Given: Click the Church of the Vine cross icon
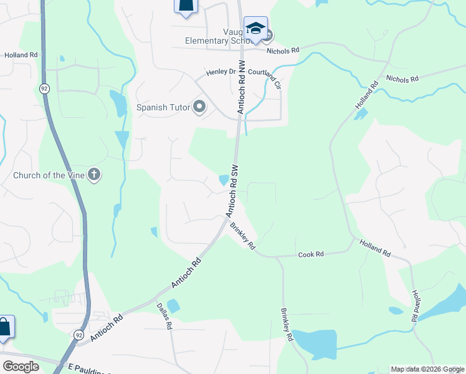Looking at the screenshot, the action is (93, 175).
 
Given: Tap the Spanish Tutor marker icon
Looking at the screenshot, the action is (199, 107).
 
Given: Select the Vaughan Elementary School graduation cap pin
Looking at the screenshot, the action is (255, 29).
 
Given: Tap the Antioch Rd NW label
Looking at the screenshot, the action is (242, 88).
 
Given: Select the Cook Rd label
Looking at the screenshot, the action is (311, 254).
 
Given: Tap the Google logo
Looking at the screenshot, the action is (21, 366).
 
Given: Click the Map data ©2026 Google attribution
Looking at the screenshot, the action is (427, 369).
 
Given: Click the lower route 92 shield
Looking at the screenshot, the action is (78, 335).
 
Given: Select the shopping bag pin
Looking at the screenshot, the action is (5, 327).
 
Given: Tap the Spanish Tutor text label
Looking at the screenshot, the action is (161, 107).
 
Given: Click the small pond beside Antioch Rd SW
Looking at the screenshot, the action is (223, 180).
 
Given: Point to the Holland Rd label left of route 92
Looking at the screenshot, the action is (21, 55).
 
